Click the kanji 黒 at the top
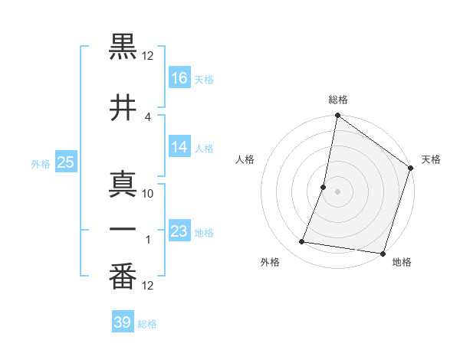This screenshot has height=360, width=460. point(123,48)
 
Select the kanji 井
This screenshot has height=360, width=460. point(123,109)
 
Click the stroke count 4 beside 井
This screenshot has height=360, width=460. point(148,116)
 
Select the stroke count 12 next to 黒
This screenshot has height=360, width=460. point(148,56)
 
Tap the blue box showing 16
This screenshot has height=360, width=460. point(179,78)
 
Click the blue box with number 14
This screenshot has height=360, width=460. point(179,147)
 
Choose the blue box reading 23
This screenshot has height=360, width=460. point(179,231)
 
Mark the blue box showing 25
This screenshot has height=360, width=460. point(65,162)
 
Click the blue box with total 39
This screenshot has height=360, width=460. point(123,322)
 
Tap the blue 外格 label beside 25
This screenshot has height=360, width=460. point(41,163)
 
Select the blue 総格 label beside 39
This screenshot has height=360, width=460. point(147,324)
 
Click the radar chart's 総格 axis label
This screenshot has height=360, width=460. point(338,100)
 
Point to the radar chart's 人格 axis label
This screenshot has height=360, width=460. point(245,159)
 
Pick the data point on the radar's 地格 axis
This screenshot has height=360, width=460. point(382,253)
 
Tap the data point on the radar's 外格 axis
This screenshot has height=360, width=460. point(302,242)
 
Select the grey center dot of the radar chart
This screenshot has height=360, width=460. point(337,191)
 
